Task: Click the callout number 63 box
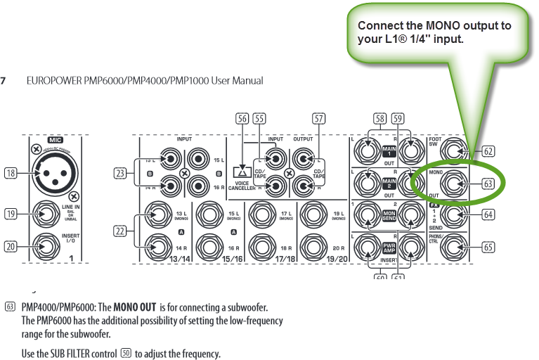pyautogui.click(x=488, y=184)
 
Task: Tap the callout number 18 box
pyautogui.click(x=10, y=174)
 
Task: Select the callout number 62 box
pyautogui.click(x=488, y=151)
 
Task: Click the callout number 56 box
pyautogui.click(x=243, y=119)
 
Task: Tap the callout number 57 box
pyautogui.click(x=319, y=119)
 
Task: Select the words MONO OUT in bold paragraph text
pyautogui.click(x=135, y=307)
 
